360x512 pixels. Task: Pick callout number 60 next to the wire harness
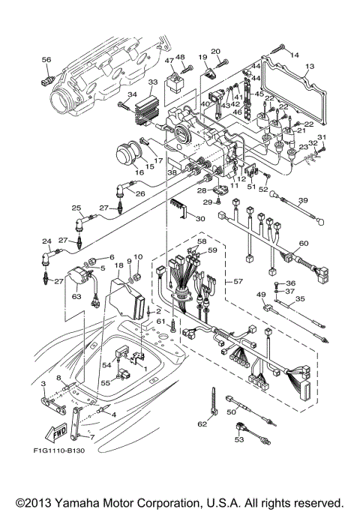(x=304, y=244)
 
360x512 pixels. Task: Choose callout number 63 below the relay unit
(x=76, y=296)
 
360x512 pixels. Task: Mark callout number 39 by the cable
(x=304, y=200)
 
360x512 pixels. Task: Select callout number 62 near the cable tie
(x=201, y=424)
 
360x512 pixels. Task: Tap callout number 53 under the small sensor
(x=239, y=440)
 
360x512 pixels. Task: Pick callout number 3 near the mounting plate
(x=43, y=383)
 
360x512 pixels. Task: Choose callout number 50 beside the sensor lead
(x=232, y=412)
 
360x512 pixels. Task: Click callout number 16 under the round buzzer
(x=139, y=173)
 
